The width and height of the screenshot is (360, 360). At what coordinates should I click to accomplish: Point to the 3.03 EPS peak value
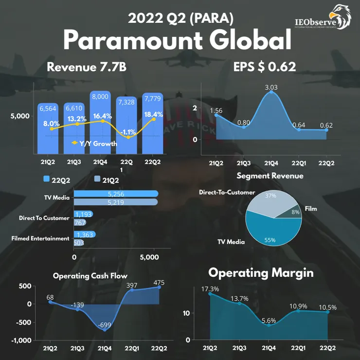tap(271, 88)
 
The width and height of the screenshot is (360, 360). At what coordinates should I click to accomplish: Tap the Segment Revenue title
tap(270, 176)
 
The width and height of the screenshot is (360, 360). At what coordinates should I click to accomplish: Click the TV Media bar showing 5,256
tap(116, 194)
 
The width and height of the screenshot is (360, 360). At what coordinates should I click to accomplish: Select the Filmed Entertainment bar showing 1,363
tap(85, 234)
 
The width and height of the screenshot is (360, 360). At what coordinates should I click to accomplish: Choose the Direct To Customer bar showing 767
tap(80, 223)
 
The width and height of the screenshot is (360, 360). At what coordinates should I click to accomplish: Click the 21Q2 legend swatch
tap(97, 179)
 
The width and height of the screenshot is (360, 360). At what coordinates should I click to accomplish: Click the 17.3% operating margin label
tap(210, 289)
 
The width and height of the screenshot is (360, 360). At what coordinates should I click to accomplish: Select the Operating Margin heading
tap(261, 273)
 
